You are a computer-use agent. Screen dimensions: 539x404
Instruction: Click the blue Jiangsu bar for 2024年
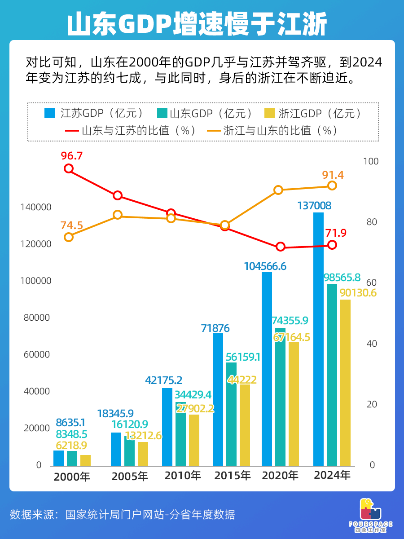pyautogui.click(x=318, y=339)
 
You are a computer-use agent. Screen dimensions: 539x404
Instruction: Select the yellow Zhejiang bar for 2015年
pyautogui.click(x=245, y=424)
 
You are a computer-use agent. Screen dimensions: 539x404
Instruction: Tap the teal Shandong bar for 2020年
pyautogui.click(x=280, y=398)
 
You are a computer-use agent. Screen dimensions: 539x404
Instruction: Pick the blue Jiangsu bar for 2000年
pyautogui.click(x=59, y=458)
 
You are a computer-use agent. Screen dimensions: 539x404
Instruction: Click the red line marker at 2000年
pyautogui.click(x=69, y=168)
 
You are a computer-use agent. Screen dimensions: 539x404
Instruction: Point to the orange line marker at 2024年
pyautogui.click(x=332, y=186)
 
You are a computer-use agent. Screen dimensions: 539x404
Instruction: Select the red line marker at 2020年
pyautogui.click(x=281, y=247)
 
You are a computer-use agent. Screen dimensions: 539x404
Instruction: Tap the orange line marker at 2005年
pyautogui.click(x=118, y=215)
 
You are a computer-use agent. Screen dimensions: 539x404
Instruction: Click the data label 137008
pyautogui.click(x=314, y=206)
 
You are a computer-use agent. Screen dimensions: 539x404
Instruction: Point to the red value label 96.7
pyautogui.click(x=72, y=156)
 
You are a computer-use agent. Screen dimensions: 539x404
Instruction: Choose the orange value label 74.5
pyautogui.click(x=72, y=225)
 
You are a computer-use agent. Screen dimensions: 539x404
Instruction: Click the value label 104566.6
pyautogui.click(x=265, y=266)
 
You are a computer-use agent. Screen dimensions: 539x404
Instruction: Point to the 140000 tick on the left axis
pyautogui.click(x=36, y=208)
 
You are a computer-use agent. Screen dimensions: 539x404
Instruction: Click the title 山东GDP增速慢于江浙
pyautogui.click(x=197, y=25)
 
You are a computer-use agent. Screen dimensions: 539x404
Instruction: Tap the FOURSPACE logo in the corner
pyautogui.click(x=370, y=515)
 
